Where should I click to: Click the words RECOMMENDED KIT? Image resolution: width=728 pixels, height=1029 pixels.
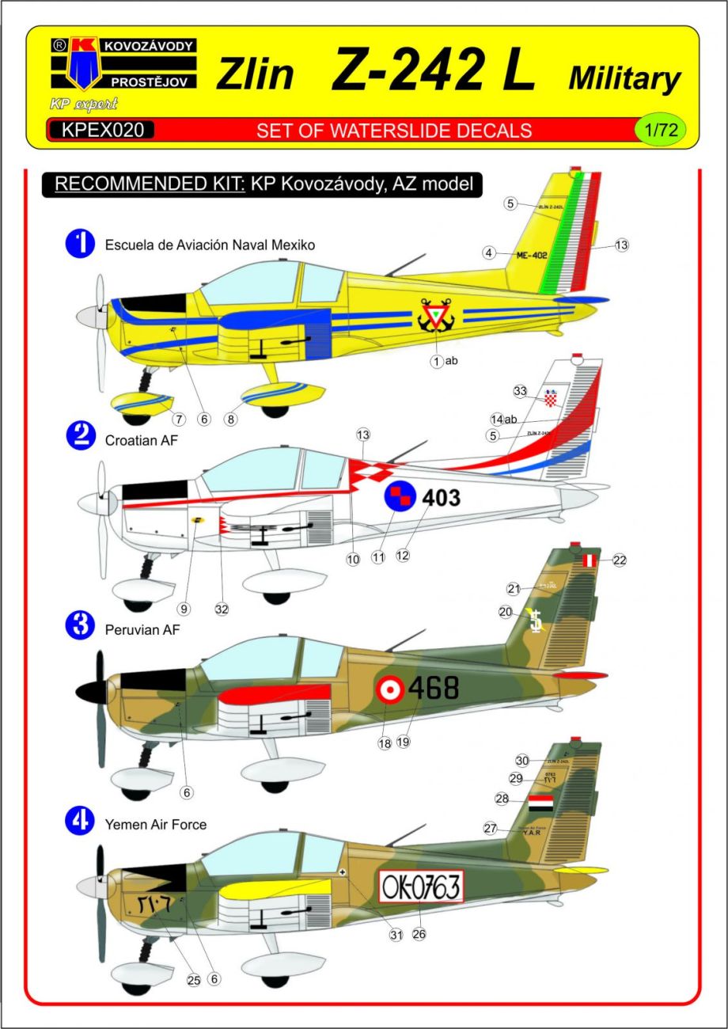[149, 184]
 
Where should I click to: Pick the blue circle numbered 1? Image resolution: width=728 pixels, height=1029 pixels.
[80, 244]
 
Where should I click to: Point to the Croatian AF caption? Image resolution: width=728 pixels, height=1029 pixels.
[142, 441]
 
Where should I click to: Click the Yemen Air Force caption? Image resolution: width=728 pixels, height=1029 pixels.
[155, 824]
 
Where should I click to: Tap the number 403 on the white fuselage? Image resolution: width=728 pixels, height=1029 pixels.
[441, 498]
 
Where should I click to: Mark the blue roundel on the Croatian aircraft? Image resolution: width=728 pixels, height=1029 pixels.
[400, 498]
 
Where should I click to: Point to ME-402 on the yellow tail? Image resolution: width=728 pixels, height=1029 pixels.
[532, 254]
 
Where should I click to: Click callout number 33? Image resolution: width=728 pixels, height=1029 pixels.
[520, 390]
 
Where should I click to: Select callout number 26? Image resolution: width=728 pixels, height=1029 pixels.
[419, 934]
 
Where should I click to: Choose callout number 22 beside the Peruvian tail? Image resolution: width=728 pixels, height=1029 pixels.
[619, 560]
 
